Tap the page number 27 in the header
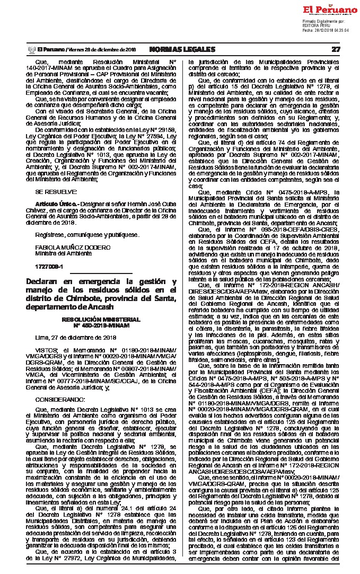click(336, 49)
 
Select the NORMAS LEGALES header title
click(182, 49)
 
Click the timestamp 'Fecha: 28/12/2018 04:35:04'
click(326, 30)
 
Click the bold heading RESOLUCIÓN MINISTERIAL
click(101, 320)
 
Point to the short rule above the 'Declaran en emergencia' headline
click(101, 274)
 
